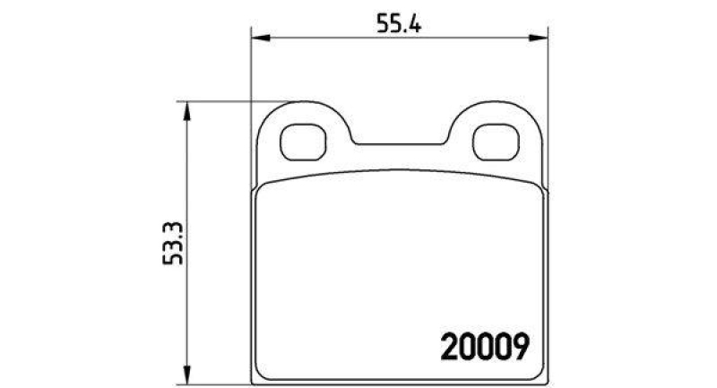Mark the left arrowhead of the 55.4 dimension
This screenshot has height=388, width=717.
click(256, 38)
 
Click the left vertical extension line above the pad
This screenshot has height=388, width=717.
click(249, 72)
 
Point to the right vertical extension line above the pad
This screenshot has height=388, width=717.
click(548, 72)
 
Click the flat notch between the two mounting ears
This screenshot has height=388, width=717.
click(399, 142)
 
